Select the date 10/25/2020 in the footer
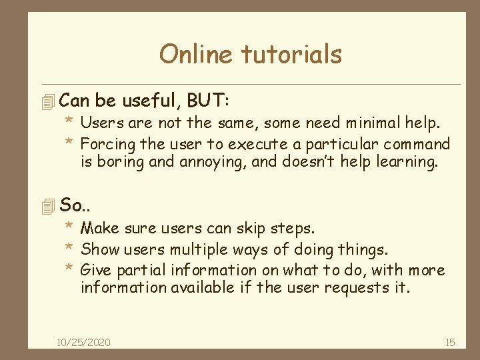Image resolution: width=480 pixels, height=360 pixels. pyautogui.click(x=84, y=342)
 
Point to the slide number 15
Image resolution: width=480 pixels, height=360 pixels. pyautogui.click(x=449, y=342)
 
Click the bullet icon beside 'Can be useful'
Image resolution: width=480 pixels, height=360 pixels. pyautogui.click(x=47, y=102)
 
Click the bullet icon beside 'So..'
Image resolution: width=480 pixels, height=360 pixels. pyautogui.click(x=47, y=207)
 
